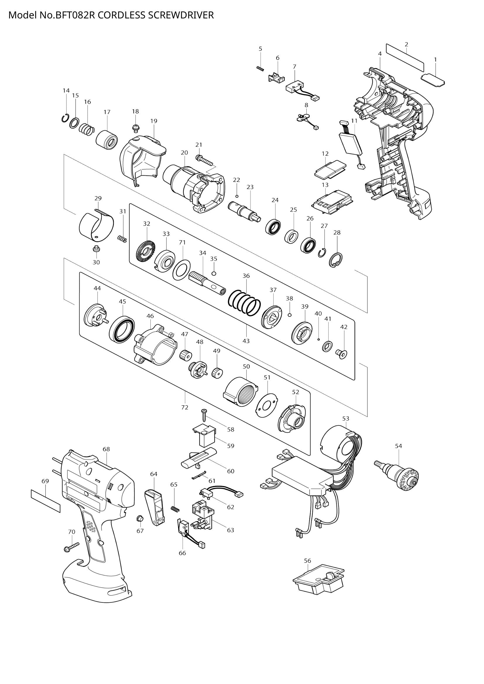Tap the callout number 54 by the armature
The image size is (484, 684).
(x=398, y=446)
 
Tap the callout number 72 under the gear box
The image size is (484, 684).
(x=184, y=407)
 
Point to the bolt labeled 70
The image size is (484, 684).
(x=71, y=547)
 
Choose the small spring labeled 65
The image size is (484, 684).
(x=175, y=509)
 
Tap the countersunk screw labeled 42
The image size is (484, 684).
(x=344, y=354)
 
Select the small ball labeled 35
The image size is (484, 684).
(x=213, y=273)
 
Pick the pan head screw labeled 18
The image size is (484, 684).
(x=135, y=128)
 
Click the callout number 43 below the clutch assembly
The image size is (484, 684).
(x=246, y=341)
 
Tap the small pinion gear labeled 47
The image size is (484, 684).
(x=185, y=355)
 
